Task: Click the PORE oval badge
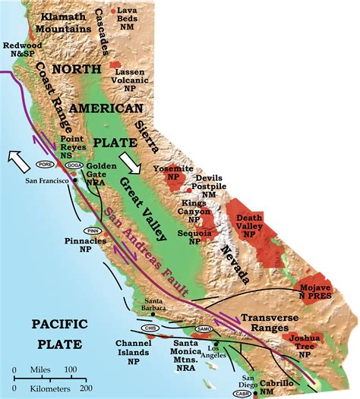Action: [x=46, y=164]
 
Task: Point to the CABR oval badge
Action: [x=242, y=394]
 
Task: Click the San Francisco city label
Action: [x=47, y=181]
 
